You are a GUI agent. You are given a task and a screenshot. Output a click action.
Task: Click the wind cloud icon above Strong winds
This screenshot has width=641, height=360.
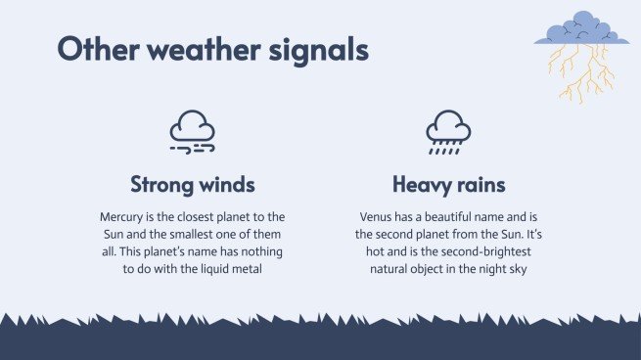click(193, 131)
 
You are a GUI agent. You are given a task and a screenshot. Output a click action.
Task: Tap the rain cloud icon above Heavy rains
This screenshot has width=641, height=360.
click(447, 131)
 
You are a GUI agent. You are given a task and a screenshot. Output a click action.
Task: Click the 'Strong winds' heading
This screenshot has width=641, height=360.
click(193, 184)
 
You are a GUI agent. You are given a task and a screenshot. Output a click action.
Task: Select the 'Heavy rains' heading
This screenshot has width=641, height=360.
click(448, 184)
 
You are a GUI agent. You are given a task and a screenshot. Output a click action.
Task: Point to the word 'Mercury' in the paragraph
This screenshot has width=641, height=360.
click(122, 216)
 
